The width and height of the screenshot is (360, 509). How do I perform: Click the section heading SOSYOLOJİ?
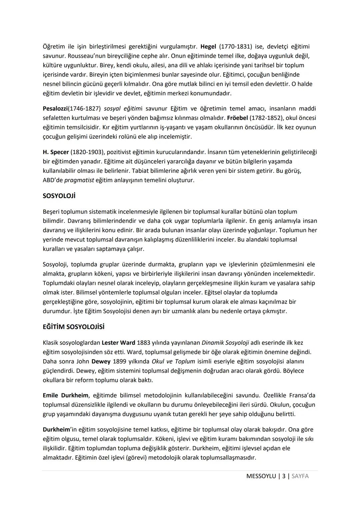[x=59, y=196]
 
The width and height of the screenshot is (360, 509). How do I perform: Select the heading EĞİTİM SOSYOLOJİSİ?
[x=73, y=327]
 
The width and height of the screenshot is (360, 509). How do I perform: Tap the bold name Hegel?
[x=208, y=46]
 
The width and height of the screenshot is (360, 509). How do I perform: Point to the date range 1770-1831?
[x=235, y=46]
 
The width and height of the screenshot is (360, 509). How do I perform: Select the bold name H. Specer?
[x=56, y=152]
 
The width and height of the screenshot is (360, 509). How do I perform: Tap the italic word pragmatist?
[x=79, y=180]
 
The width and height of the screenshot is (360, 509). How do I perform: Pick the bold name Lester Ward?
[x=118, y=343]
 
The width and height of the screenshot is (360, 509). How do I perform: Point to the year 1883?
[x=143, y=343]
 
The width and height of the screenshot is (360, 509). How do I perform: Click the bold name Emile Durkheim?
[x=66, y=395]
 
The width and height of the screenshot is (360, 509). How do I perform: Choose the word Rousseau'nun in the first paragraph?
[x=84, y=56]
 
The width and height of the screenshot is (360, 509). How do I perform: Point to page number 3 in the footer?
[x=284, y=476]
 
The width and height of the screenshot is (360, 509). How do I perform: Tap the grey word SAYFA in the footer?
[x=300, y=476]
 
